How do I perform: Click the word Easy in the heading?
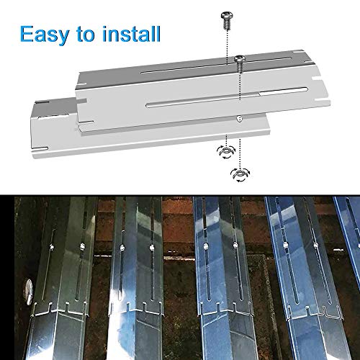(x=45, y=35)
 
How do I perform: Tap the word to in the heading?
(x=86, y=35)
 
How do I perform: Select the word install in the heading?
(x=131, y=34)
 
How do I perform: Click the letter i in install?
(x=104, y=34)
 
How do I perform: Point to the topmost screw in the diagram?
(x=227, y=21)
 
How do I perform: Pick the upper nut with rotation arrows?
(x=226, y=152)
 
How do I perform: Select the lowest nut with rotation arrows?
(x=240, y=174)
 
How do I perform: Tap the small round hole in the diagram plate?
(x=239, y=118)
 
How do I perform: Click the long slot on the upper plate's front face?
(x=227, y=97)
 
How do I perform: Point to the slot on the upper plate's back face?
(x=214, y=65)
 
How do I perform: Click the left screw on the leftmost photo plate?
(x=51, y=247)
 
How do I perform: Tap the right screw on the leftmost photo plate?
(x=82, y=246)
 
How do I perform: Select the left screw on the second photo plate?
(x=122, y=248)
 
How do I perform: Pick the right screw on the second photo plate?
(x=151, y=248)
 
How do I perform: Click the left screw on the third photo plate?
(x=205, y=246)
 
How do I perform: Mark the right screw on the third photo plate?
(x=235, y=245)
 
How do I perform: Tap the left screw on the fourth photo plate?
(x=285, y=246)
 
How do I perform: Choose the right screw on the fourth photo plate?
(x=316, y=245)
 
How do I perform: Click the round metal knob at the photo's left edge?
(x=29, y=292)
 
